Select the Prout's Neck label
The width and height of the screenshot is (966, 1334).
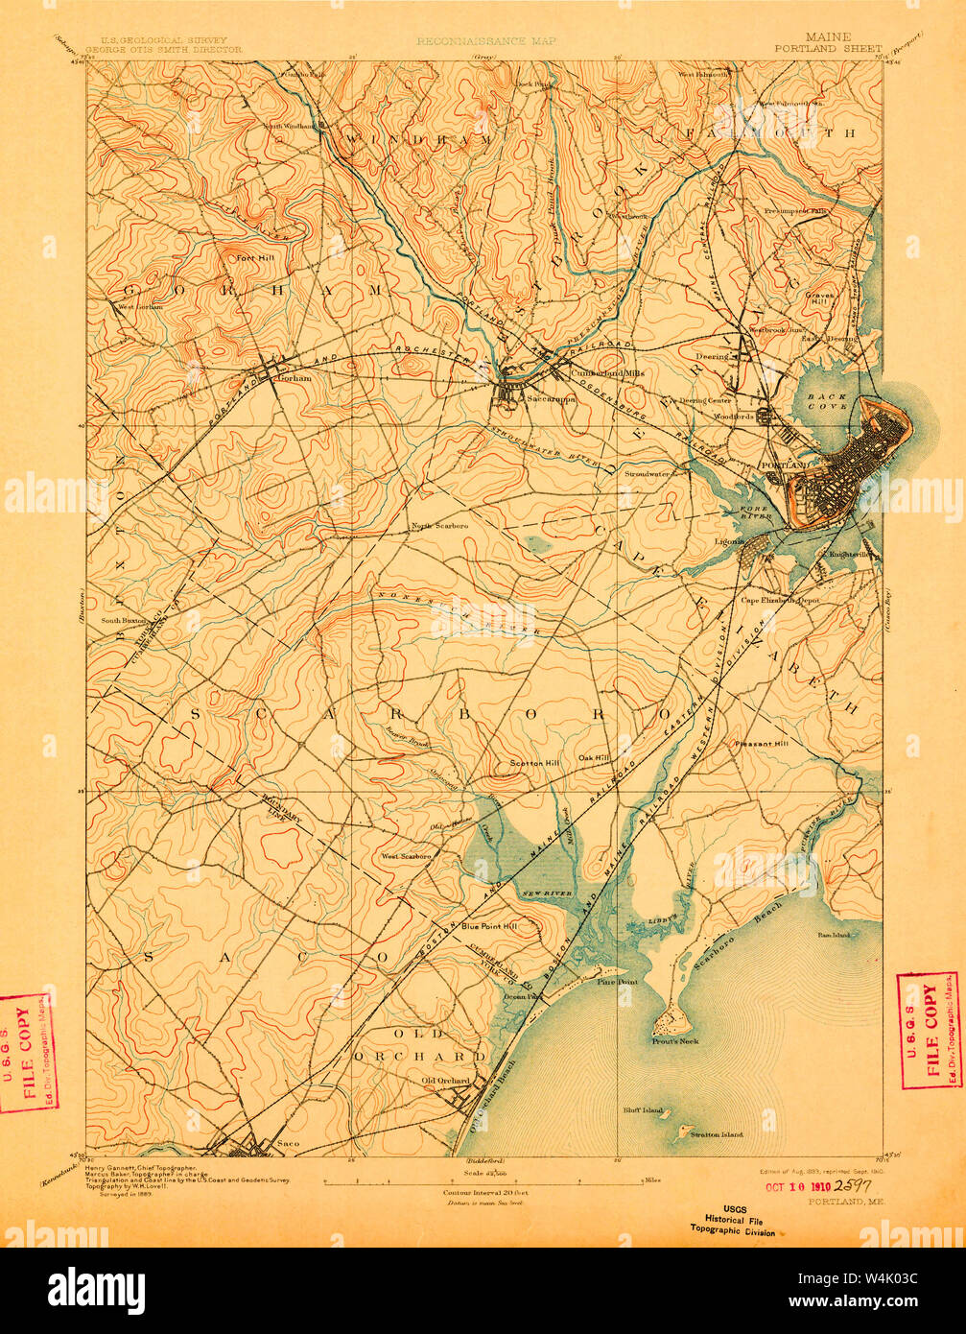(x=675, y=1041)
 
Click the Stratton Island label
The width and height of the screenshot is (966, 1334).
(x=717, y=1134)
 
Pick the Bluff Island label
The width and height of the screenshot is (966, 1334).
(x=642, y=1110)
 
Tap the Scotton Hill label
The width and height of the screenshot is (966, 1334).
(x=533, y=763)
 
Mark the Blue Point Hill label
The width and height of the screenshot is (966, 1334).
(x=488, y=926)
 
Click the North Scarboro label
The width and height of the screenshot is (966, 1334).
(x=439, y=526)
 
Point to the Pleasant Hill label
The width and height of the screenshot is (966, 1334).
(x=761, y=743)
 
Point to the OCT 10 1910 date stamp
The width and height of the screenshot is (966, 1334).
(x=804, y=1183)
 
